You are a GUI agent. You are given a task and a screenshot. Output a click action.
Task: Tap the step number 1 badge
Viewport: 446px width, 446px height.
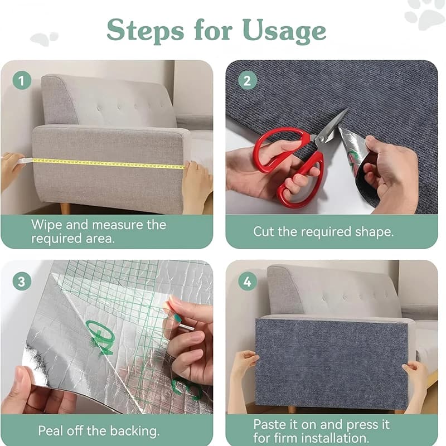click(x=22, y=81)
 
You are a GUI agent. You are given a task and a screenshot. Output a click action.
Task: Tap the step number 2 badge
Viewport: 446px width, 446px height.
click(x=247, y=81)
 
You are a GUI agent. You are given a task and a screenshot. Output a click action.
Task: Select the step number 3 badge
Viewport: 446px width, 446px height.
click(x=22, y=281)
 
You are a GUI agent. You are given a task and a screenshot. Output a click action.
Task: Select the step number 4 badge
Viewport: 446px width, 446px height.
click(x=247, y=281)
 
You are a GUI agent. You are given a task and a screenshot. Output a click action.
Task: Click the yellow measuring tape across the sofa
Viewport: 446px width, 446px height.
click(x=106, y=164)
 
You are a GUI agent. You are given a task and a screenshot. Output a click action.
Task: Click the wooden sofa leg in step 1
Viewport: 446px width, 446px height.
click(x=65, y=208)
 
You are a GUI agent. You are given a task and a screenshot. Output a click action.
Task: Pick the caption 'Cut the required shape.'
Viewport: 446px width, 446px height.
click(x=323, y=231)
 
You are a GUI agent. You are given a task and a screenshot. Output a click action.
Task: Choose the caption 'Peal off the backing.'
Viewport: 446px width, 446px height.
click(x=99, y=430)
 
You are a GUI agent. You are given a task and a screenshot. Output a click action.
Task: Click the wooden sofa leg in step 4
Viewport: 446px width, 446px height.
click(x=292, y=409)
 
